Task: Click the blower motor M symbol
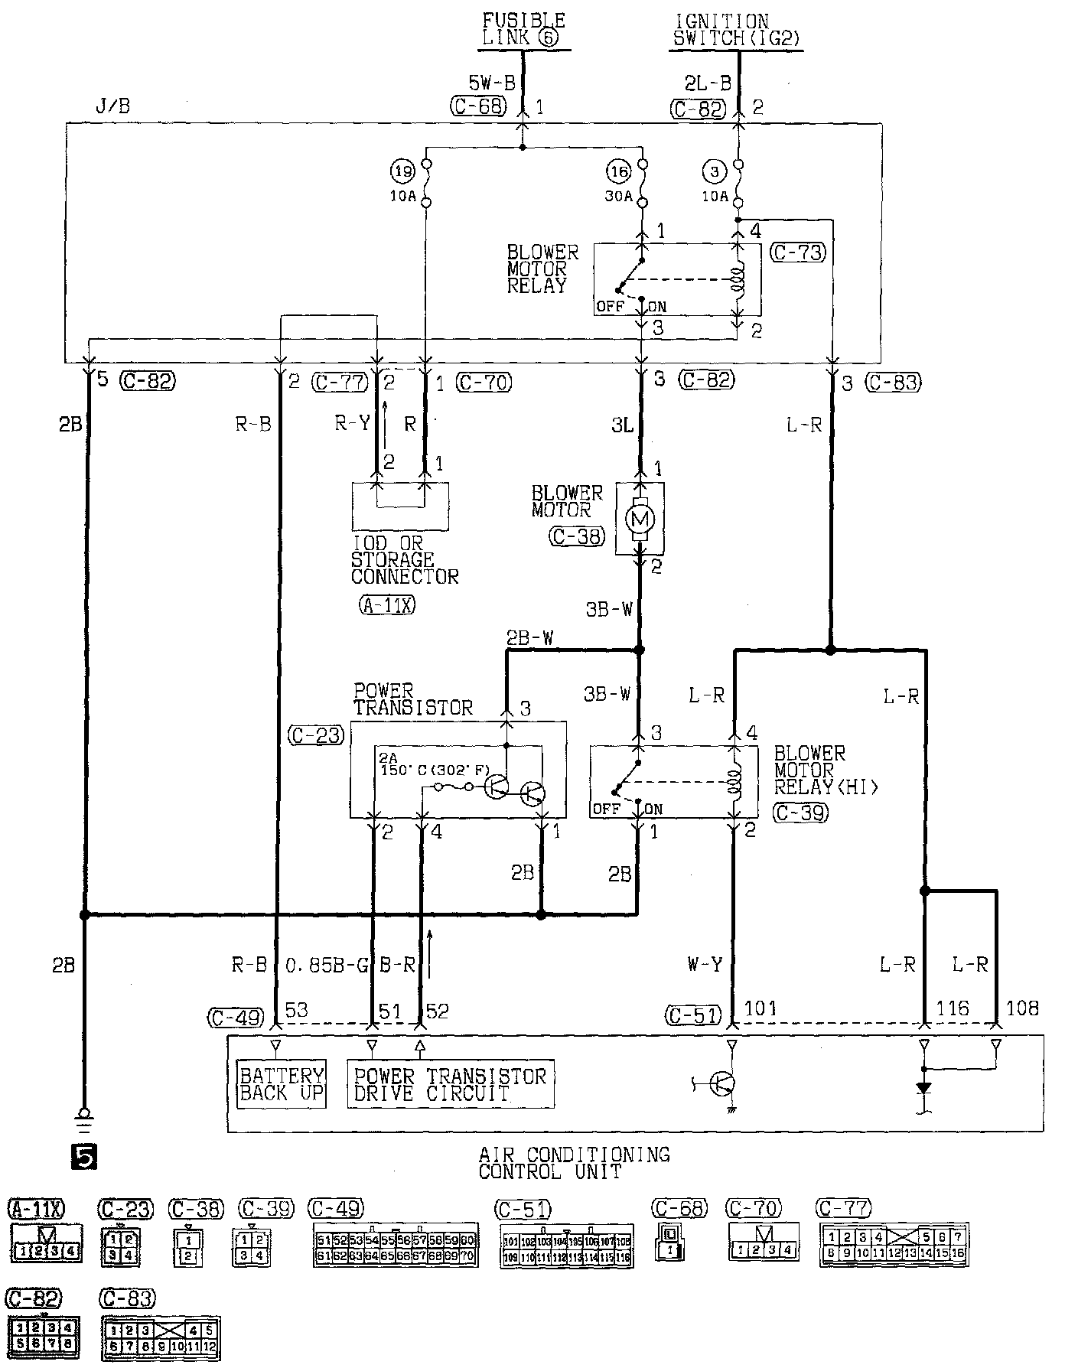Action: tap(640, 520)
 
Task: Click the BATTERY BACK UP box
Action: tap(281, 1083)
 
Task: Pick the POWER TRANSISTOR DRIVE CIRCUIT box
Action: tap(450, 1083)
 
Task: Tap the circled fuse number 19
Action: tap(402, 170)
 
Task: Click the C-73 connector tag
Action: tap(799, 252)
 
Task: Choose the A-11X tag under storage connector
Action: tap(386, 605)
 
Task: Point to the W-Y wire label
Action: tap(705, 965)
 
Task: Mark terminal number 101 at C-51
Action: tap(760, 1009)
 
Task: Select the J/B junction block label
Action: tap(112, 106)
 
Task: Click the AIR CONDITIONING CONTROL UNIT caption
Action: tap(573, 1161)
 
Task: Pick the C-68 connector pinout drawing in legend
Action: tap(669, 1243)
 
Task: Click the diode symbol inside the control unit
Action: tap(924, 1087)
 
